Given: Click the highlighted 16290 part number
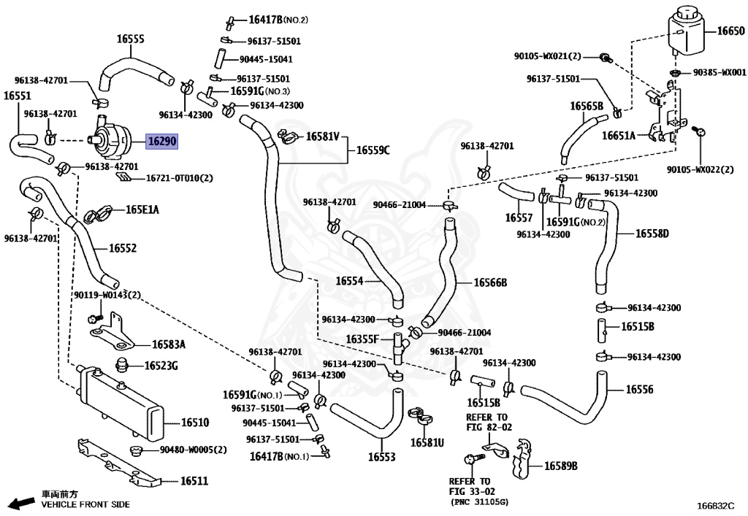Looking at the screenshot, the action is (161, 141).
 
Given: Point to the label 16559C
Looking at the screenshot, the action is (373, 150).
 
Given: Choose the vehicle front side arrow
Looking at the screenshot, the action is (23, 503).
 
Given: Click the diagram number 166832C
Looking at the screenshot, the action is (715, 506).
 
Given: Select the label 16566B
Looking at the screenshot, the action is (490, 283).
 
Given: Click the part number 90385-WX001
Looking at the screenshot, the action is (720, 72).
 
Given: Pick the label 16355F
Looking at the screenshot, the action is (362, 339).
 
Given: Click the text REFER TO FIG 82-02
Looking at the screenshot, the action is (488, 422).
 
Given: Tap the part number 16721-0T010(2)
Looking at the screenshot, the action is (180, 178).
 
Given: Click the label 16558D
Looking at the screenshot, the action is (652, 234).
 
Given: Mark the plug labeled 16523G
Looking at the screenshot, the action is (123, 365).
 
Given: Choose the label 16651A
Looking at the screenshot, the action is (619, 136).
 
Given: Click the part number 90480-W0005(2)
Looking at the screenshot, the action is (193, 450).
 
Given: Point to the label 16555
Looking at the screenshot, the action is (130, 39).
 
